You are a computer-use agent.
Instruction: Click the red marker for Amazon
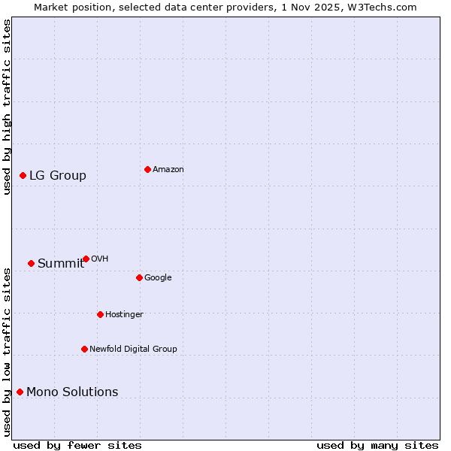click(147, 169)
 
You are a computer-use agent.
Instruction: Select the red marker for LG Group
click(23, 175)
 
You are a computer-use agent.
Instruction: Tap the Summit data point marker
click(31, 263)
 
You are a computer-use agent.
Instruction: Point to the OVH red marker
click(86, 259)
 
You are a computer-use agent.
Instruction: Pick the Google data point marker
click(139, 277)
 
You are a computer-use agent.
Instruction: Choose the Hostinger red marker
click(100, 314)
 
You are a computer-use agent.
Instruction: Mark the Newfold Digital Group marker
click(84, 349)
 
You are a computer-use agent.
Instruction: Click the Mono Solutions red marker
click(20, 392)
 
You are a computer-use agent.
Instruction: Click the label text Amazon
click(168, 170)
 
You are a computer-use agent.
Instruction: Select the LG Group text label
click(58, 176)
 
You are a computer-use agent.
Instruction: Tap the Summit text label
click(61, 264)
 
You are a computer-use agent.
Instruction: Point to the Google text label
click(158, 278)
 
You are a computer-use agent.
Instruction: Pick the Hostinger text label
click(124, 315)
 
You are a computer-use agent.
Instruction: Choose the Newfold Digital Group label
click(133, 350)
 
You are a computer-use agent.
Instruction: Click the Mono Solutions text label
click(72, 392)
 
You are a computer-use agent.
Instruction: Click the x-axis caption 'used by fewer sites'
click(77, 445)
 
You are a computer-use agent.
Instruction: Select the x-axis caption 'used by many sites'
click(377, 445)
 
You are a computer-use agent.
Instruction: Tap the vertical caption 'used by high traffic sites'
click(7, 107)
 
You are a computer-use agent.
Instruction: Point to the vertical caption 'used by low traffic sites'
click(7, 352)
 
